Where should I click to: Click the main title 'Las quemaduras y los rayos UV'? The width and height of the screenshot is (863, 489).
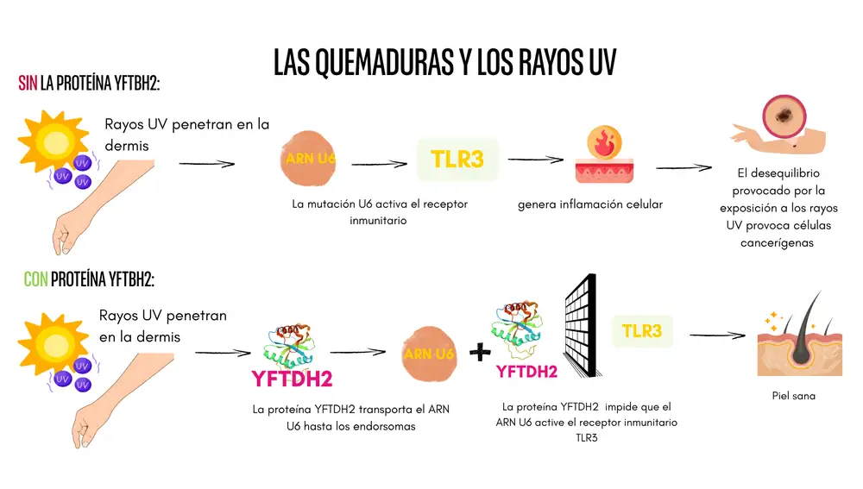tap(444, 61)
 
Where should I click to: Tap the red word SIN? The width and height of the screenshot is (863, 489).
tap(28, 84)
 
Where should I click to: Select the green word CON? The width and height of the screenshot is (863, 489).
tap(35, 279)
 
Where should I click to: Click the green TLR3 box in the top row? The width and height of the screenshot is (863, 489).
tap(457, 159)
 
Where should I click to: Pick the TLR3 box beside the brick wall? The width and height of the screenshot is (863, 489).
tap(642, 330)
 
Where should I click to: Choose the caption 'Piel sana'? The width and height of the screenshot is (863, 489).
tap(793, 396)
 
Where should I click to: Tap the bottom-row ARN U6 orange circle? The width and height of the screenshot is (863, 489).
tap(429, 354)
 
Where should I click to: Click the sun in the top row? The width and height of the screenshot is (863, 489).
tap(54, 140)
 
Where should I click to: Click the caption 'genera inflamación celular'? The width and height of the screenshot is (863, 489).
tap(590, 204)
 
